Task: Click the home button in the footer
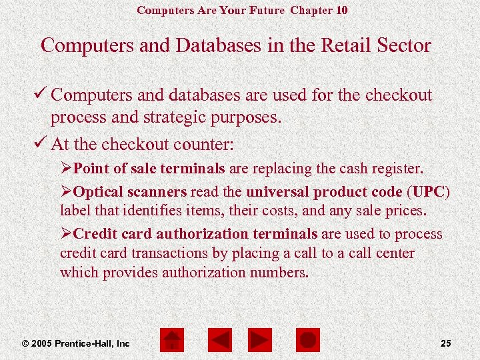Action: pos(173,340)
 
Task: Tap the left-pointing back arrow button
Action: pos(219,340)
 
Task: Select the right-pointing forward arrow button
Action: pos(260,340)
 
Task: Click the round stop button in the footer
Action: pos(307,340)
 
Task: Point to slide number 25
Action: pos(446,343)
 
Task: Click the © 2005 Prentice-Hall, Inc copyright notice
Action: pos(76,343)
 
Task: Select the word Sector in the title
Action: pos(402,45)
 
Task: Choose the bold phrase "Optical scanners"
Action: pos(130,192)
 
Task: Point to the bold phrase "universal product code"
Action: pos(324,192)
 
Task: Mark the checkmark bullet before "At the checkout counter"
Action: pos(43,143)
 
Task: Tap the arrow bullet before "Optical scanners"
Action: pos(66,192)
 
